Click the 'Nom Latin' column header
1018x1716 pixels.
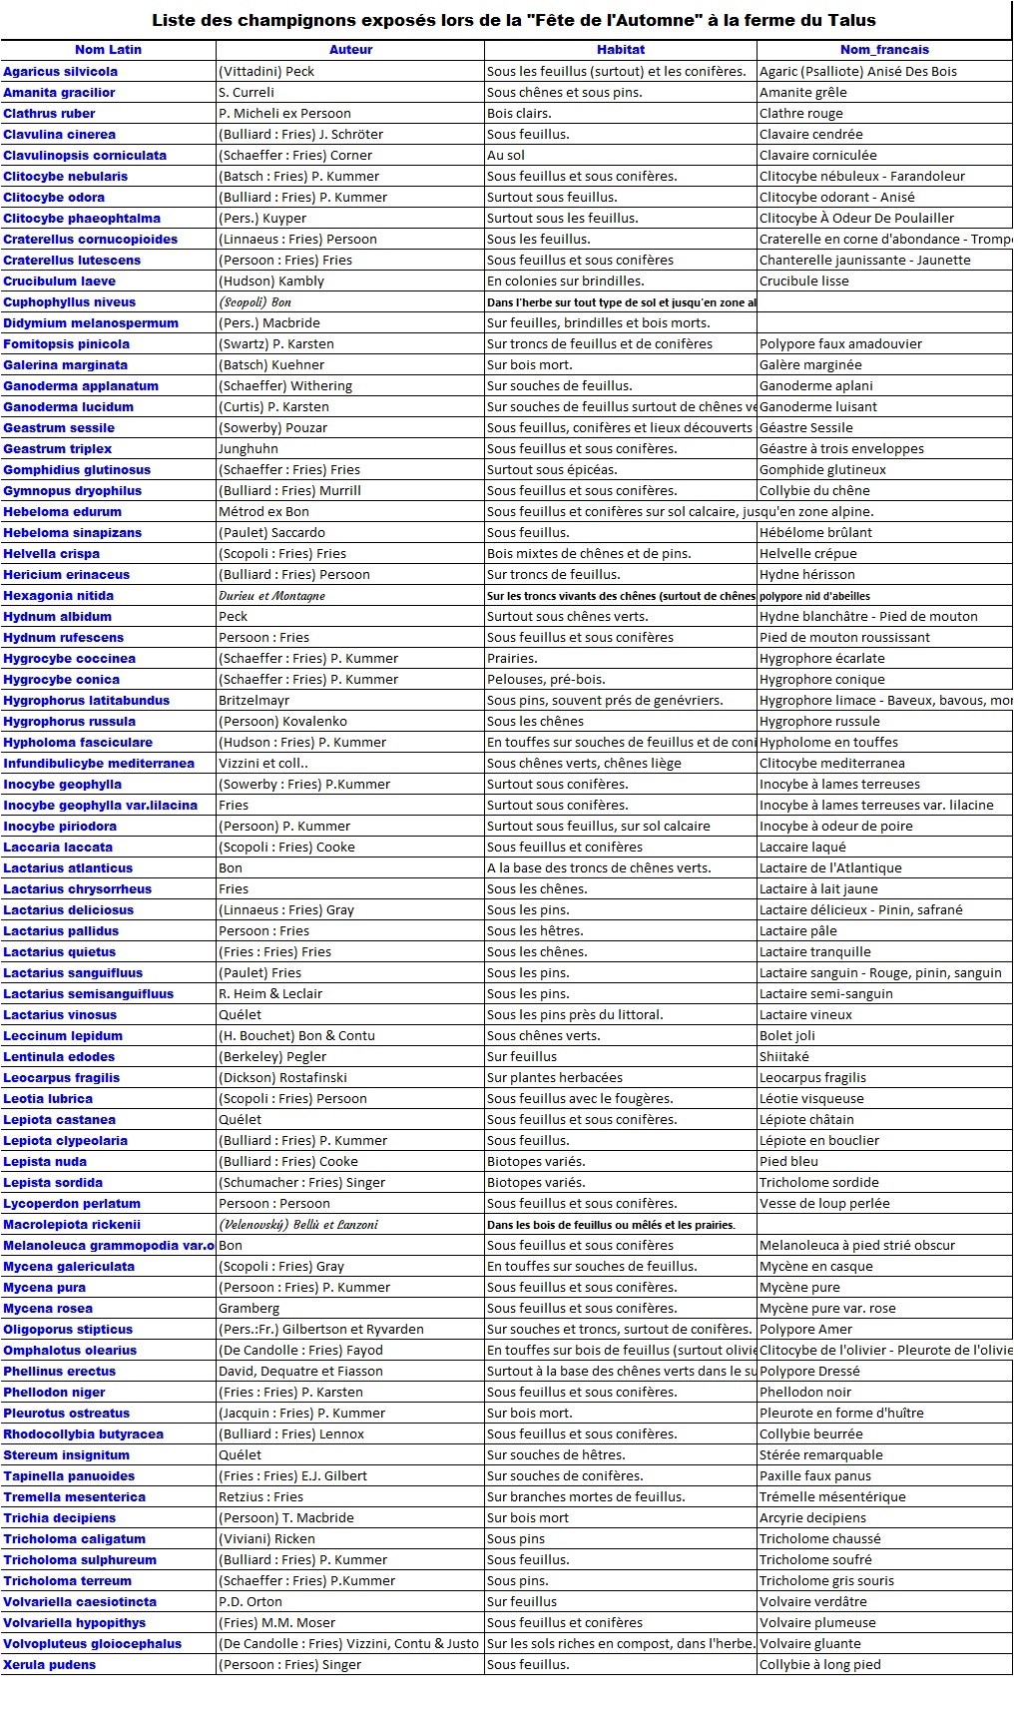coord(108,50)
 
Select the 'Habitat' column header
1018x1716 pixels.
coord(621,50)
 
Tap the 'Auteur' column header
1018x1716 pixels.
coord(350,50)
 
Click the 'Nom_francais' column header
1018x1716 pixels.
coord(884,50)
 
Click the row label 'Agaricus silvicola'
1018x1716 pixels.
coord(61,72)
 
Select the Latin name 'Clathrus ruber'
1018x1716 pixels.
coord(50,114)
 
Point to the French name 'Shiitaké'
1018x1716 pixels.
coord(784,1057)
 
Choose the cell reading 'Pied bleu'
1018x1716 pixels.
coord(788,1162)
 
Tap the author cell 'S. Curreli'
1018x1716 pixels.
coord(246,93)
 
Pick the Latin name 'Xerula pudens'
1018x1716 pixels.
coord(50,1665)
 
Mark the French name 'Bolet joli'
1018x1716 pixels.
coord(787,1036)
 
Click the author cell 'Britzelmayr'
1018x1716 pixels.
coord(254,701)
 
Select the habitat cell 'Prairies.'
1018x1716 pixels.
coord(512,659)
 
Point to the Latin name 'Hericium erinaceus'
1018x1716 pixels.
coord(67,575)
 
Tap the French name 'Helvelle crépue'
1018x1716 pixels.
coord(808,554)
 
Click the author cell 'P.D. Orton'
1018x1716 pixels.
coord(251,1602)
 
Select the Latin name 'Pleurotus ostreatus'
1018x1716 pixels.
coord(67,1414)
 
